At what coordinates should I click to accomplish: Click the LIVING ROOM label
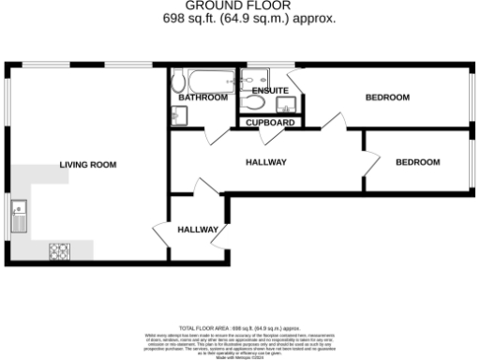point(88,165)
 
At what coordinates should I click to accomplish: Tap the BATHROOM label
point(202,97)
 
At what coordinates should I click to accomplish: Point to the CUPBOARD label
point(272,123)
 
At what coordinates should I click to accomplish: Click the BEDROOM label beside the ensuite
point(387,97)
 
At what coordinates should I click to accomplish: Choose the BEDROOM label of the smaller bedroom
point(417,162)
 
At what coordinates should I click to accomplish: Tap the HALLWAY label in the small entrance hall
point(198,230)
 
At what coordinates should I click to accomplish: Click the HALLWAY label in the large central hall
point(265,162)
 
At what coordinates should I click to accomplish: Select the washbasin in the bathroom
point(179,114)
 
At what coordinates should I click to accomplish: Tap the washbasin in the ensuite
point(291,104)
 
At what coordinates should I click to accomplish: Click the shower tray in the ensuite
point(254,77)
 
